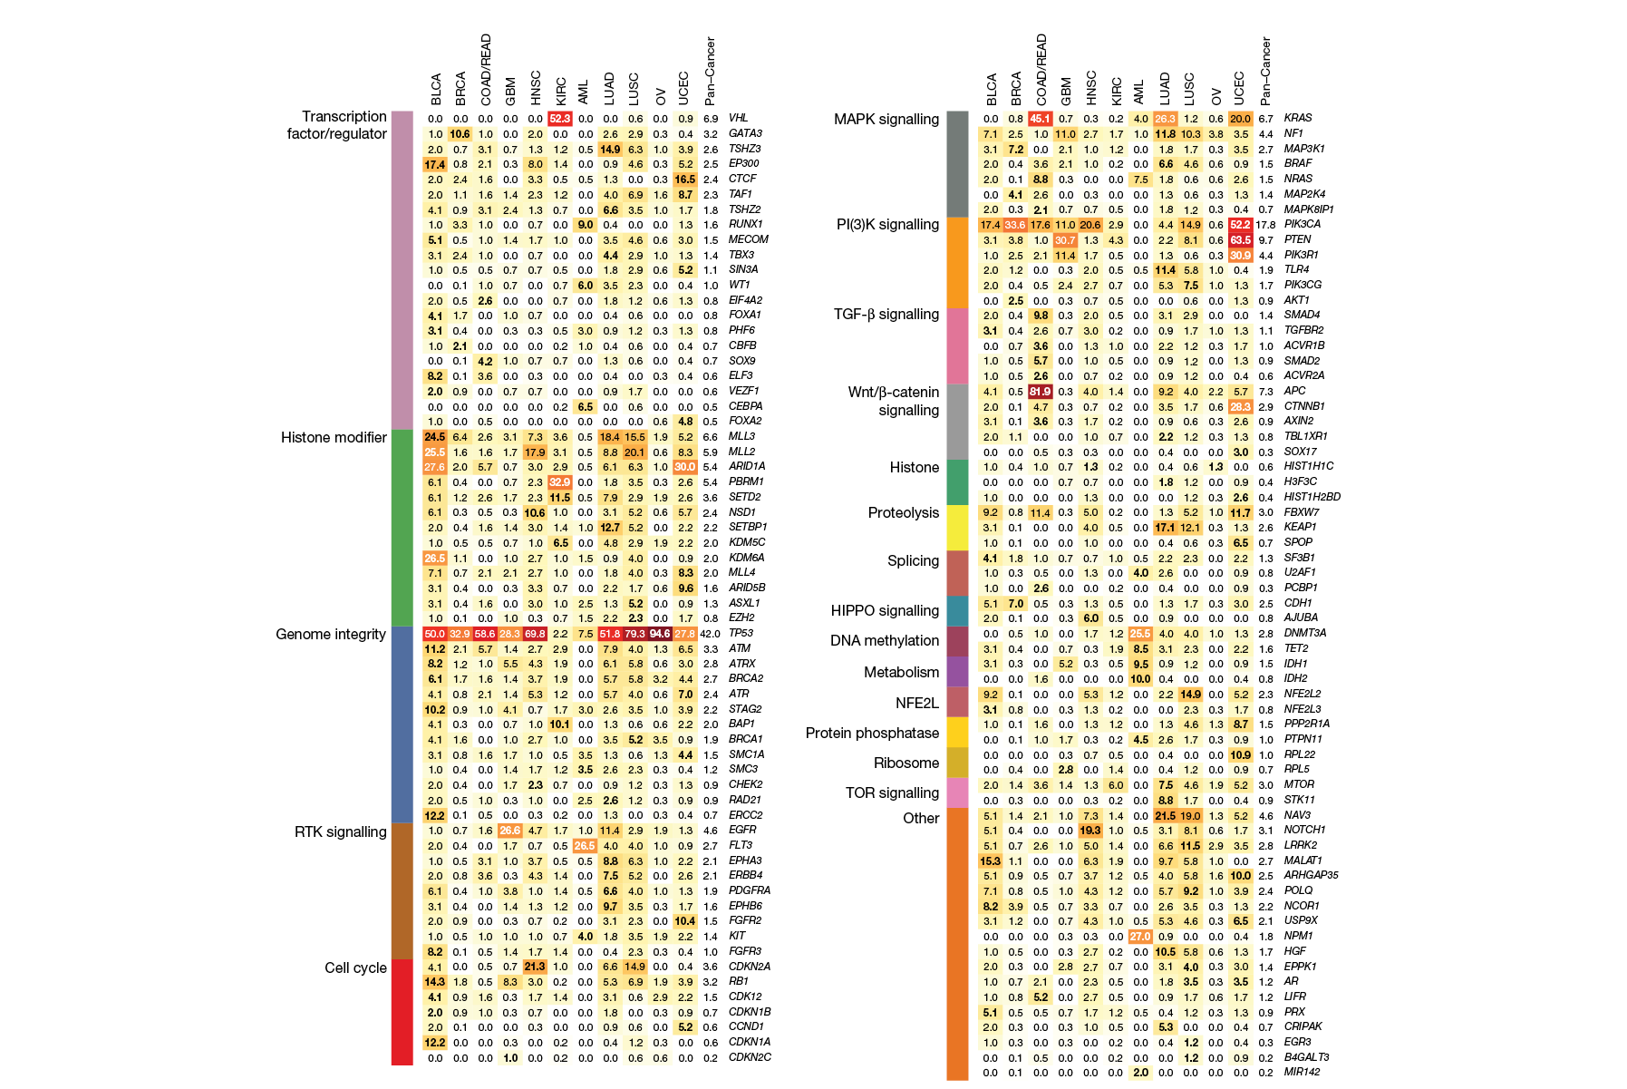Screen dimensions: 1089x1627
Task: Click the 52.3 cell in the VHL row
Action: (560, 118)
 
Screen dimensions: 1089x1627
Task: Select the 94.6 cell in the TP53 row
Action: (660, 634)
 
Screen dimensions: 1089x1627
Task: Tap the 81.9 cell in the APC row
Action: (1040, 392)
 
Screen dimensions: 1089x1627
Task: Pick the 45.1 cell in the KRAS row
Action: (1040, 119)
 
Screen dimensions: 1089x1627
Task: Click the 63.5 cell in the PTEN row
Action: (1240, 240)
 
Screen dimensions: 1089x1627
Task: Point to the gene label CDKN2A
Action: (749, 967)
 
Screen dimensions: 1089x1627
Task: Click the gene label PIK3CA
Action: (1302, 224)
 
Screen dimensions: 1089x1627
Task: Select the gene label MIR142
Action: (1302, 1072)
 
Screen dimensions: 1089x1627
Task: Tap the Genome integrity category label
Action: (331, 634)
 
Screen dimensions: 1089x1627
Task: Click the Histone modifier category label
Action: (334, 437)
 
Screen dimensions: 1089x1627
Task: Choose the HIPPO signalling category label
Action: (885, 610)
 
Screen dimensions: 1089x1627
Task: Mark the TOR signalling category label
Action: (892, 792)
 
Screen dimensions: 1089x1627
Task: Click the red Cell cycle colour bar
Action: (402, 1011)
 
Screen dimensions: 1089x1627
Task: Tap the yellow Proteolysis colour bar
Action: (957, 528)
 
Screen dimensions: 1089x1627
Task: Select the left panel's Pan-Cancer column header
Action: (711, 71)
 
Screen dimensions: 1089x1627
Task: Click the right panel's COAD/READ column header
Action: (1041, 70)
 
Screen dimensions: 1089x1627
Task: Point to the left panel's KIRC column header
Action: (561, 90)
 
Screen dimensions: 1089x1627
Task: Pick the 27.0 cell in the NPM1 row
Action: (1139, 937)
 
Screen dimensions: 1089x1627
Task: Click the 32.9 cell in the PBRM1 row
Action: (560, 482)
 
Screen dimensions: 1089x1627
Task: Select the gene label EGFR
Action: (742, 830)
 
